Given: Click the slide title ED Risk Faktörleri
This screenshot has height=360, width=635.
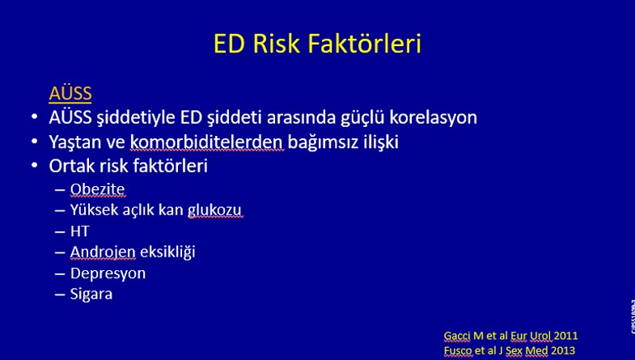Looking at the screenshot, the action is (317, 44).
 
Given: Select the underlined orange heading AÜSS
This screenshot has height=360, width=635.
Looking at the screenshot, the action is (70, 93).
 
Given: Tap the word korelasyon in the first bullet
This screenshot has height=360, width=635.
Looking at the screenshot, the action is (433, 117).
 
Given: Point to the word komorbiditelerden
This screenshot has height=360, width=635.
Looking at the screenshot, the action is (206, 142).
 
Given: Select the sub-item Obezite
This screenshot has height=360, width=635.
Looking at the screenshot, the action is (98, 189).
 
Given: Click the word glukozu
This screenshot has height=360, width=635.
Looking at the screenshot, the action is (214, 210).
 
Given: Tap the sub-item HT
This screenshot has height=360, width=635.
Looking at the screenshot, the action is (79, 231).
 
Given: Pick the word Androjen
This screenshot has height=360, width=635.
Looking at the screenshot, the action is (103, 252).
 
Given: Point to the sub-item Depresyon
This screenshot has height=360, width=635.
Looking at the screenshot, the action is (108, 273).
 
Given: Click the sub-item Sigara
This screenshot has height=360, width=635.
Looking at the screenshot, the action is (91, 294).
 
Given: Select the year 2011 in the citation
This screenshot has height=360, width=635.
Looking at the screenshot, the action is (565, 336).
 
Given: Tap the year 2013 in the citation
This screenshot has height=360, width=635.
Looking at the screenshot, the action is (562, 350).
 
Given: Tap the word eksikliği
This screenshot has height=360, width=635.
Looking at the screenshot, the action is (167, 252).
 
